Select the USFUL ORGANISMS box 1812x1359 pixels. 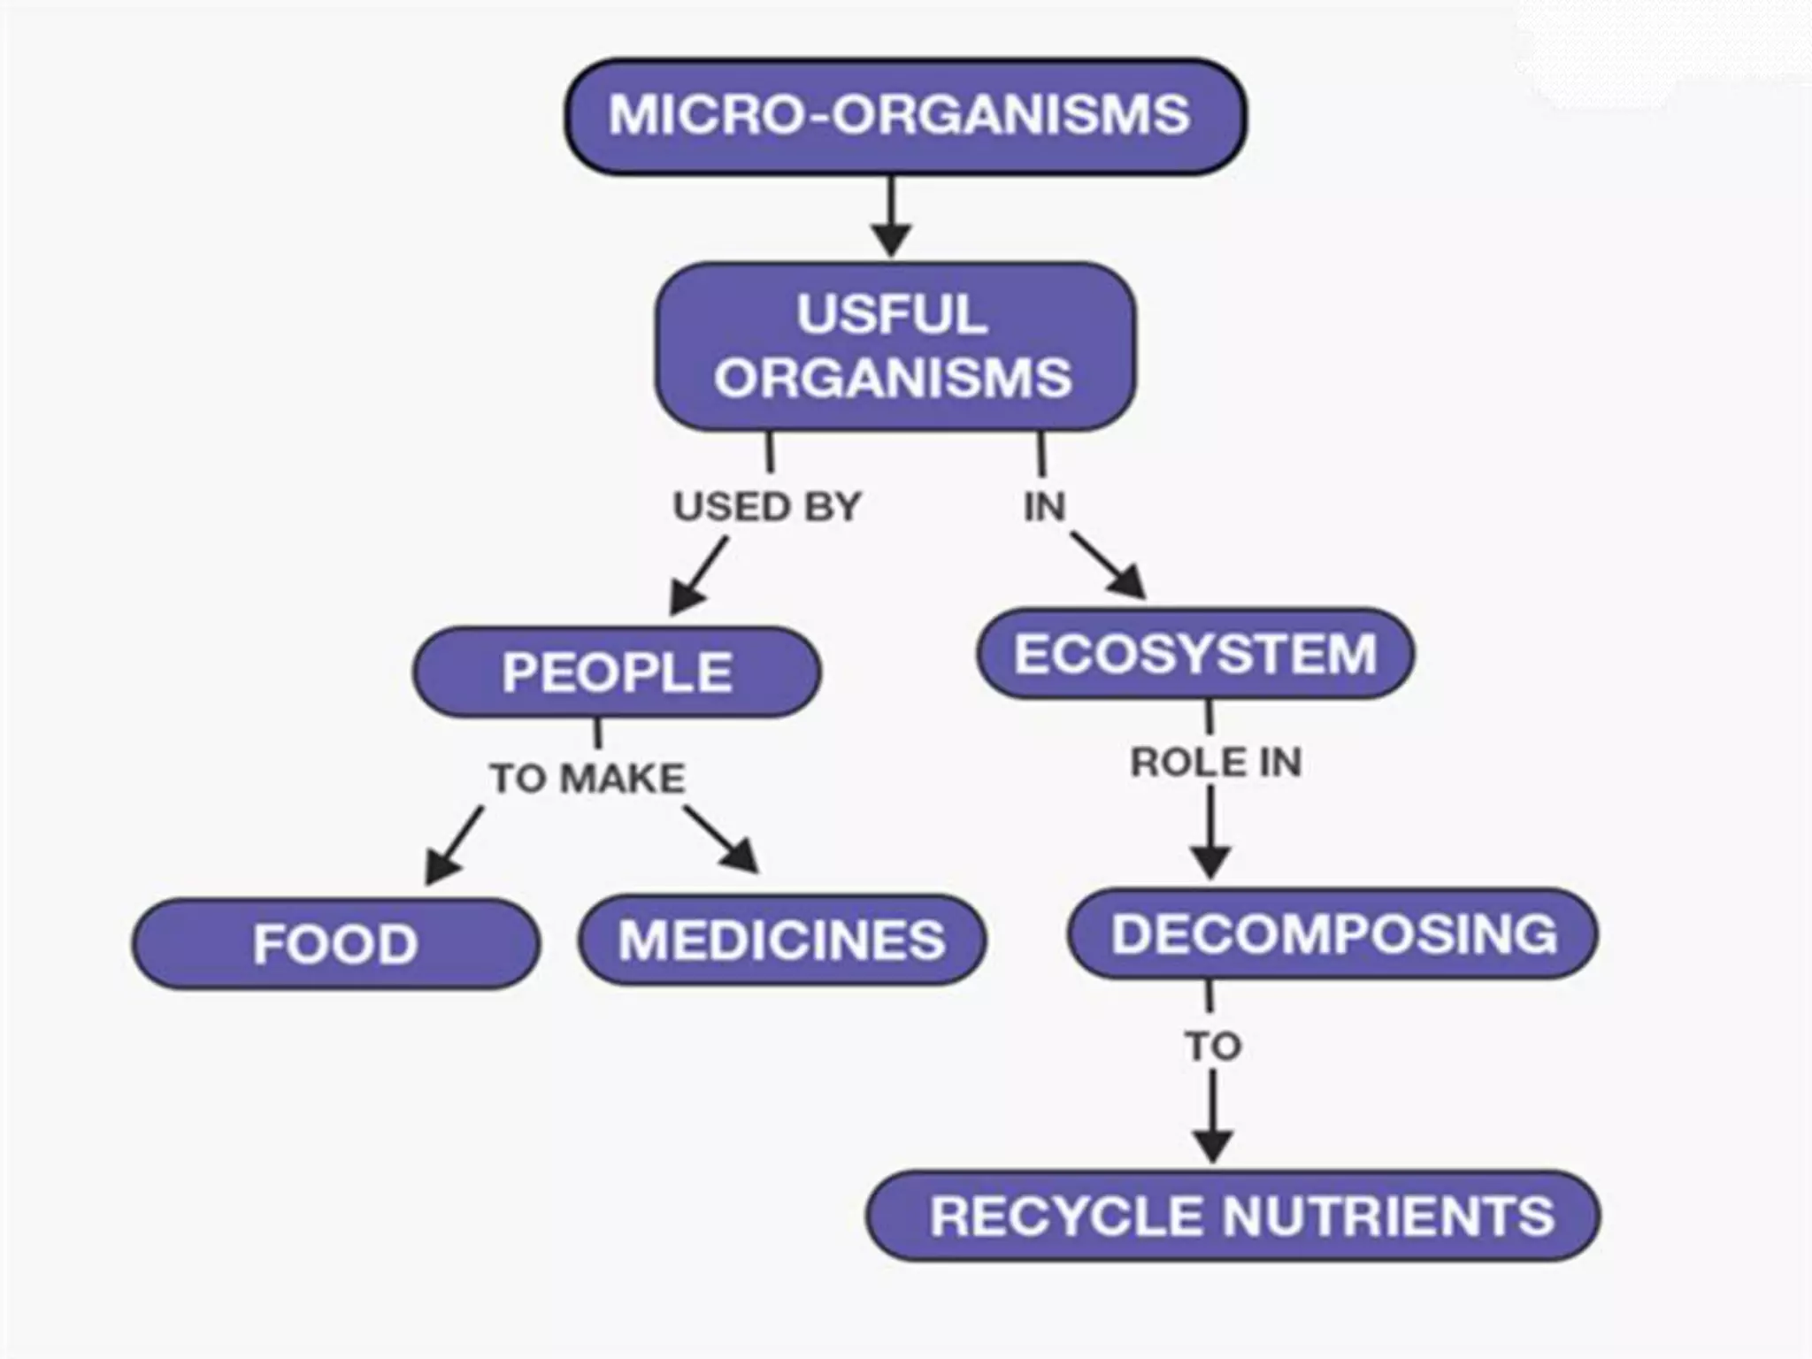894,346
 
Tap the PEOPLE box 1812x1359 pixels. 617,672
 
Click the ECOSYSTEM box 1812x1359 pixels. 1195,654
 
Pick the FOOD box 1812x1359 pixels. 335,943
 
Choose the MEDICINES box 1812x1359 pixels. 782,940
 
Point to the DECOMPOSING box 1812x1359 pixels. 1333,934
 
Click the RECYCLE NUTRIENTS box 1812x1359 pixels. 1233,1217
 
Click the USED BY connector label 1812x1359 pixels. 767,507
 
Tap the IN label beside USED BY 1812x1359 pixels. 1044,507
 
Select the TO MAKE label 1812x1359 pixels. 588,779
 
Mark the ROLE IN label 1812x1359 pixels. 1216,763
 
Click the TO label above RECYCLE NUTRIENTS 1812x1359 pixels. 1213,1047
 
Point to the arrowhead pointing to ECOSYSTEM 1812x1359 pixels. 1127,581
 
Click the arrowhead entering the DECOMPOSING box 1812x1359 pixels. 1210,862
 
